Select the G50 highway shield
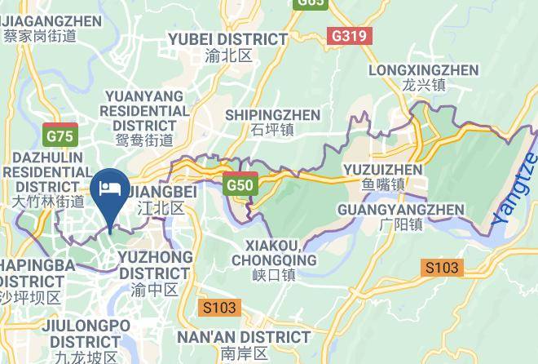[x=240, y=184]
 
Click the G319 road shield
[x=351, y=36]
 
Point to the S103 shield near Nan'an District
[x=219, y=308]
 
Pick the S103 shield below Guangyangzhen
[x=442, y=267]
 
